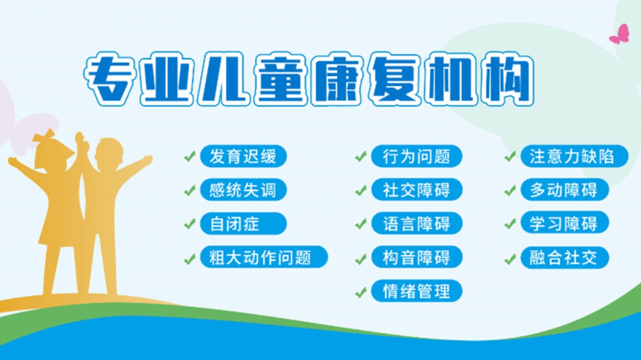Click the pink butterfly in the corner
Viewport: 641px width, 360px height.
[620, 34]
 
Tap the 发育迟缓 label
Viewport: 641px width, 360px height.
[243, 157]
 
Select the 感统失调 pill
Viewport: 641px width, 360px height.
[243, 190]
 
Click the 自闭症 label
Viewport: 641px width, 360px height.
[243, 224]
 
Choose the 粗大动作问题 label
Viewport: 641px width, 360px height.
[263, 258]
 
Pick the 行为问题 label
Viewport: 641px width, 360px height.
[416, 157]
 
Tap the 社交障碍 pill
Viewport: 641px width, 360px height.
[416, 190]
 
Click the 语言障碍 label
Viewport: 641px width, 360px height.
[416, 224]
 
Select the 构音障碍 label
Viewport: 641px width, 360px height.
[416, 258]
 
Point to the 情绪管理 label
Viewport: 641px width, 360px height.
[416, 291]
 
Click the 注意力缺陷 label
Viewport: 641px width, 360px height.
[574, 156]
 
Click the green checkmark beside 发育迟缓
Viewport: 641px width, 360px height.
[189, 157]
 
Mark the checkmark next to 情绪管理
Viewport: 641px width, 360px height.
[361, 292]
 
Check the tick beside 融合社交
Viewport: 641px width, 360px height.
[510, 259]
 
